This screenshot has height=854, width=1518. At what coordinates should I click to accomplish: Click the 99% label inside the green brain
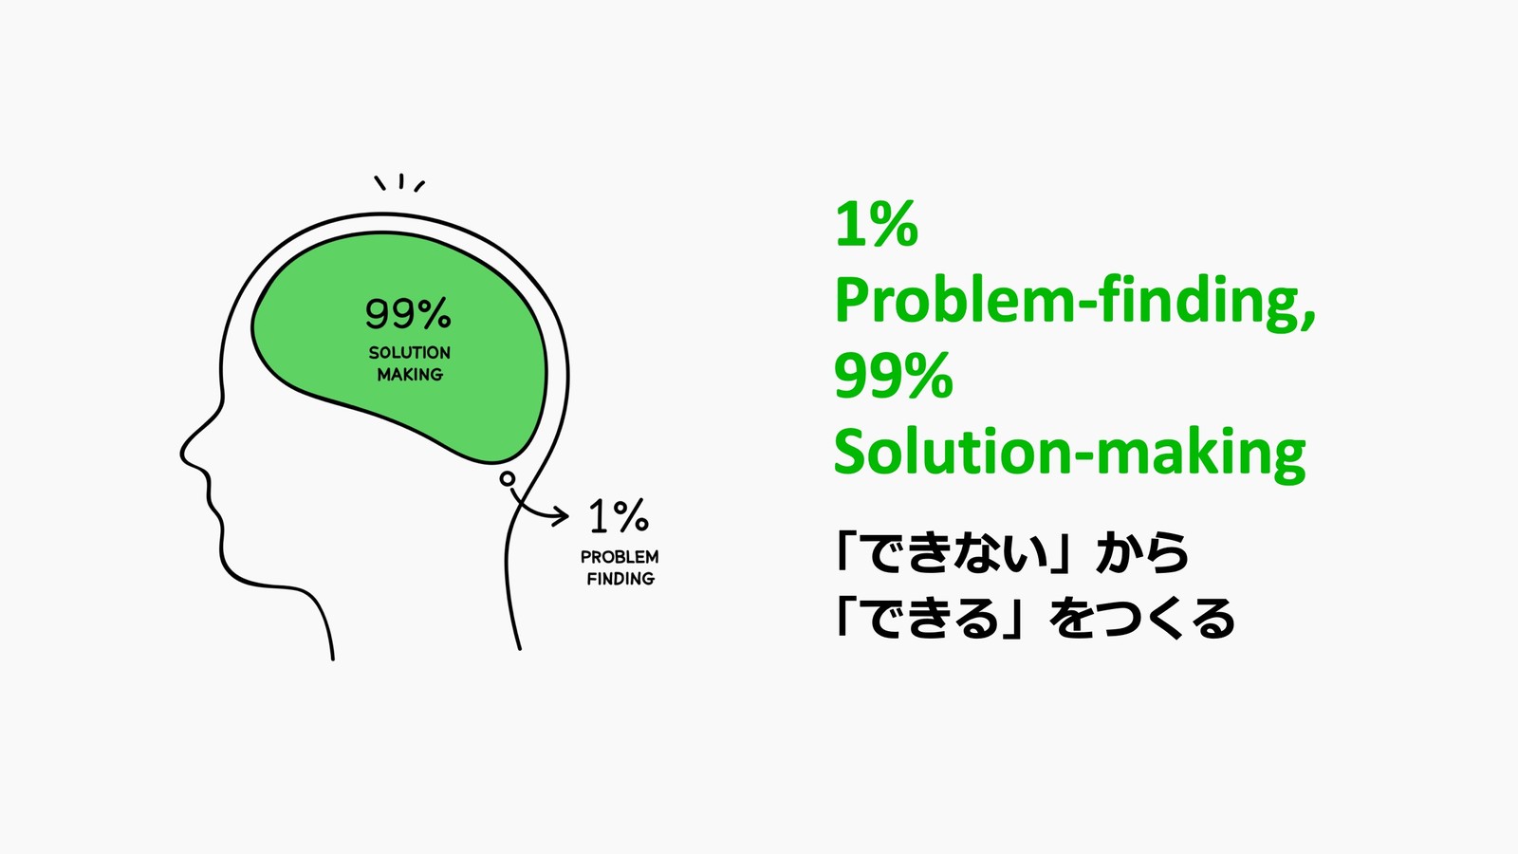tap(408, 313)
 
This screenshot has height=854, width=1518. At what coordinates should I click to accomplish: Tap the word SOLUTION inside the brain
tap(410, 353)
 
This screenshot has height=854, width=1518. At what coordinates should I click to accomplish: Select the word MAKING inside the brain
tap(410, 375)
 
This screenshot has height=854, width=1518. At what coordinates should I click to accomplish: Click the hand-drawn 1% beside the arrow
tap(619, 517)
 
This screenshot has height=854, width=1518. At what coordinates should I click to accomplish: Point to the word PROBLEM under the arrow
tap(620, 557)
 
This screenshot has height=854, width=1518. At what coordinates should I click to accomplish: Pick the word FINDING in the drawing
tap(620, 579)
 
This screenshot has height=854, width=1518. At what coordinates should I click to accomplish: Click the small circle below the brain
tap(508, 479)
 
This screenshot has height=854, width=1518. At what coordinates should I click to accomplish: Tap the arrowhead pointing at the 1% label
tap(564, 516)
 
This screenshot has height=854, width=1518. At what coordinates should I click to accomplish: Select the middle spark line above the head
tap(401, 180)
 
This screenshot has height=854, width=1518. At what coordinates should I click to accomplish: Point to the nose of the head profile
tap(184, 455)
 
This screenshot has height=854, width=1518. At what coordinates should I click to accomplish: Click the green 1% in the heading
tap(876, 226)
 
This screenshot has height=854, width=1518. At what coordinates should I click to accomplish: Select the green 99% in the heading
tap(893, 377)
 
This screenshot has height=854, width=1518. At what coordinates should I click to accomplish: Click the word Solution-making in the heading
tap(1069, 453)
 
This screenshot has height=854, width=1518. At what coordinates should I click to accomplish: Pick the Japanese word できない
tap(959, 553)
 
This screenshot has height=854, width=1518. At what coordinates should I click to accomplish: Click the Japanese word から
tap(1142, 553)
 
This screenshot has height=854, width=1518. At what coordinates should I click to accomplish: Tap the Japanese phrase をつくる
tap(1142, 619)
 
